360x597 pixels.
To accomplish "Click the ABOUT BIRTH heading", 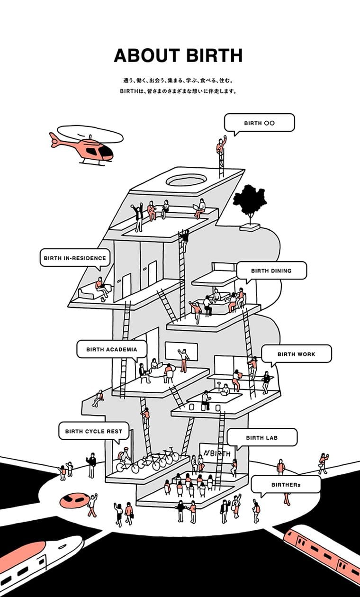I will pos(178,55).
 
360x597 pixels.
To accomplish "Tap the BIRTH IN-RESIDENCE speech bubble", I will pos(75,258).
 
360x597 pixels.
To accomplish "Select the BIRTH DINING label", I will pos(271,271).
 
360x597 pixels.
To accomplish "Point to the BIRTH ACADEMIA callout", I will pos(111,349).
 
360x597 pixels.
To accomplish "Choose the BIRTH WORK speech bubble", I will pos(296,354).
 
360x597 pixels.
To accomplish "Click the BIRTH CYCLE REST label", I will pos(93,431).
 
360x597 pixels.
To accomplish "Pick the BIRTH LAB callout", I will pos(261,437).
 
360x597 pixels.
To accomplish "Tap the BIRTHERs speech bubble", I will pos(286,485).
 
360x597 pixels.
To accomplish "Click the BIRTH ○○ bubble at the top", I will pos(259,123).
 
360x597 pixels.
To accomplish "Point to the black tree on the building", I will pos(250,201).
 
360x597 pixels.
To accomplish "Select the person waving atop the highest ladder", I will pos(221,145).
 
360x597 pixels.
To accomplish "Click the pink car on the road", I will pos(74,499).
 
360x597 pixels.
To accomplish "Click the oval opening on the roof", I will pos(186,181).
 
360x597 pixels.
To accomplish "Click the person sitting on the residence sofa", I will pos(100,286).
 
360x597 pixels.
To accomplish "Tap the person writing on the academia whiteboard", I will pos(183,359).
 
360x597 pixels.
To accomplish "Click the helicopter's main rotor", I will pos(90,134).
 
